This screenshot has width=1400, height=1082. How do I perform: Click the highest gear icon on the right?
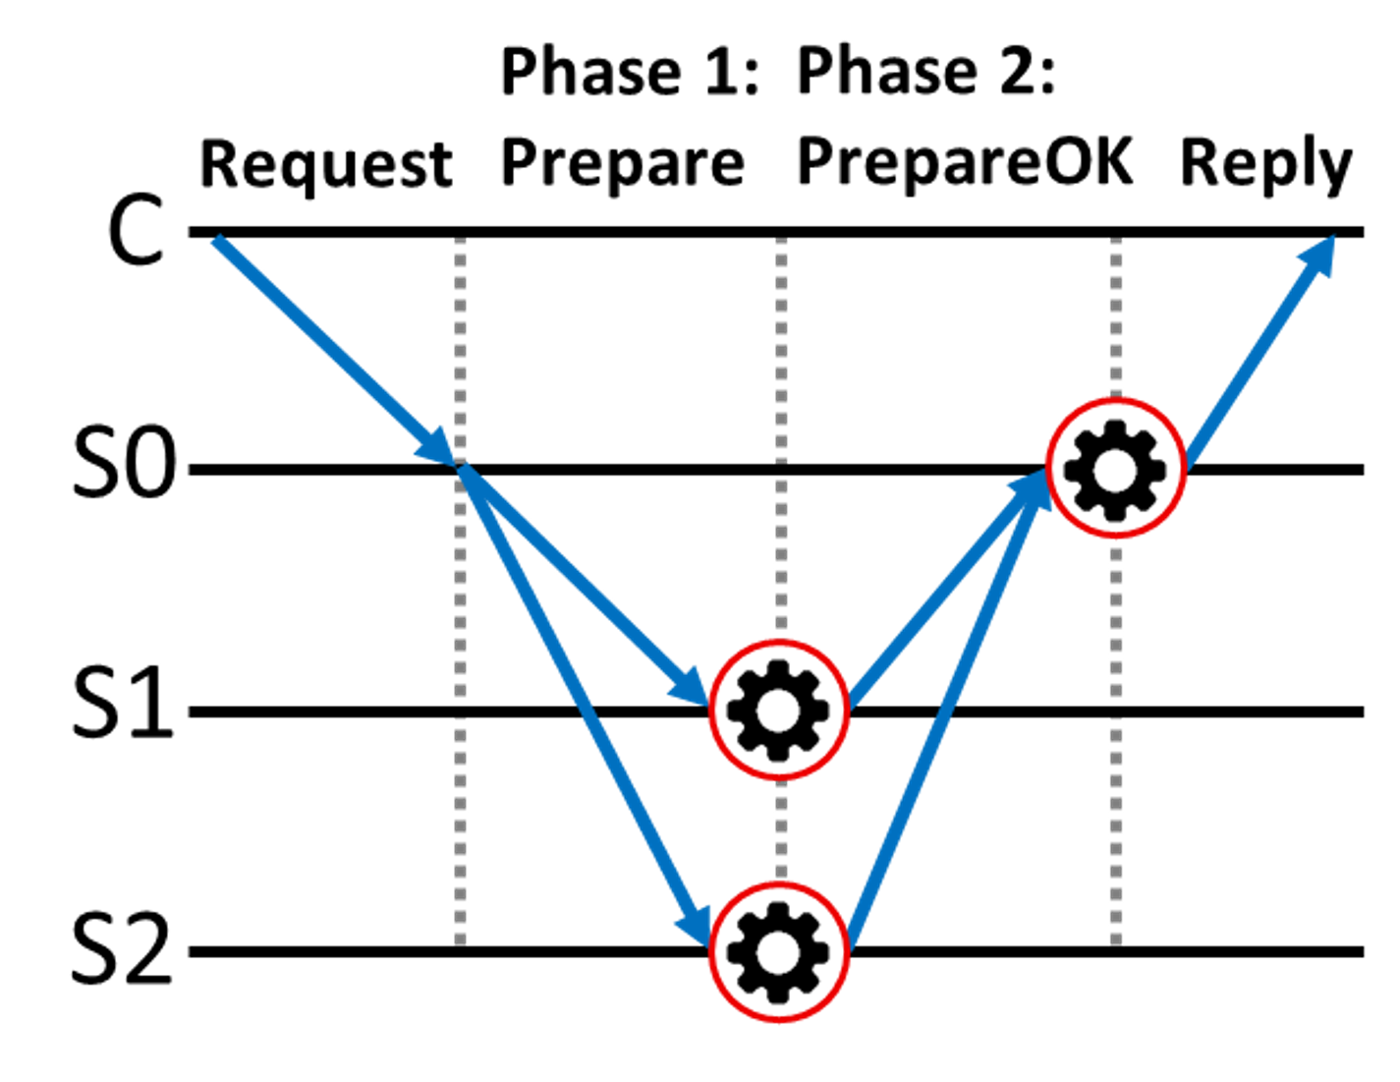tap(1115, 469)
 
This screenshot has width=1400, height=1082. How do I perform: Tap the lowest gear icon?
tap(778, 951)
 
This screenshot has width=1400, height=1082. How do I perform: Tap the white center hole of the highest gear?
tap(1115, 470)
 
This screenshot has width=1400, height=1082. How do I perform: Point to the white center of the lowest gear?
tap(778, 951)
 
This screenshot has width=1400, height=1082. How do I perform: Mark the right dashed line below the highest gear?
tap(1115, 737)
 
